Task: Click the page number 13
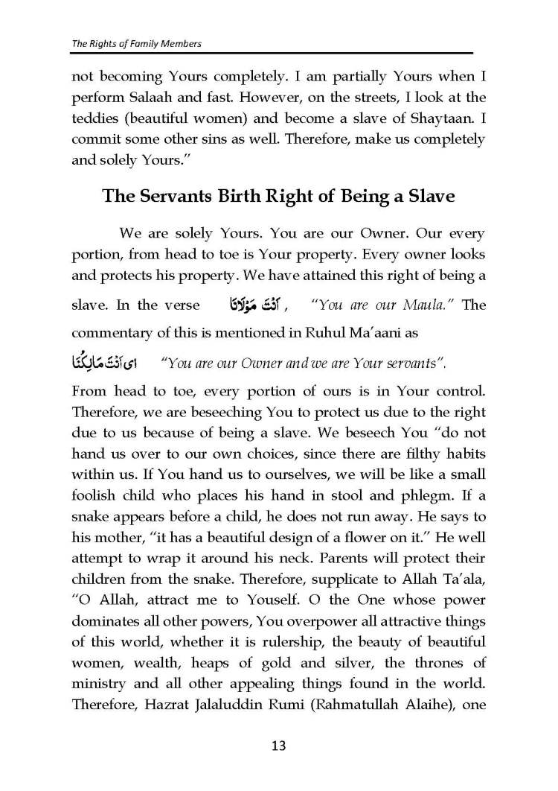[x=279, y=745]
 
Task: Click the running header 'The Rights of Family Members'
[x=137, y=44]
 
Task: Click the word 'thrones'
[x=440, y=661]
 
